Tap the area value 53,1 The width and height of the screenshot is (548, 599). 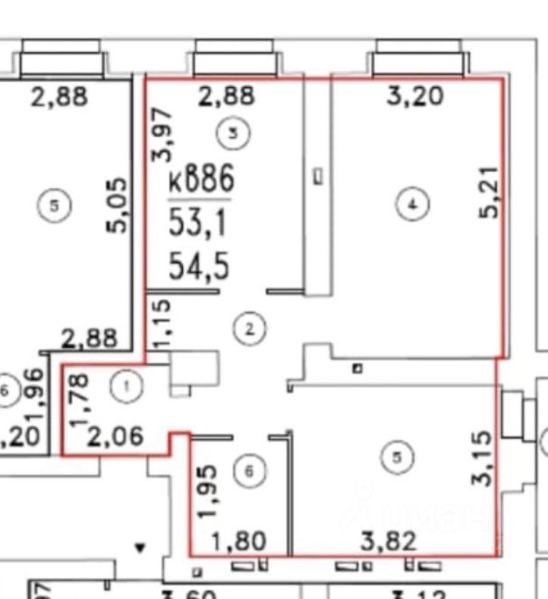[x=200, y=224]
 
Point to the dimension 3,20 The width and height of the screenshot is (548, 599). [x=415, y=97]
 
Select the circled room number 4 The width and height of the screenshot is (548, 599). [x=414, y=204]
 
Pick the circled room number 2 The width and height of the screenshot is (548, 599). [x=250, y=328]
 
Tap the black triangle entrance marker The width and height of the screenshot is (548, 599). [x=139, y=545]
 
